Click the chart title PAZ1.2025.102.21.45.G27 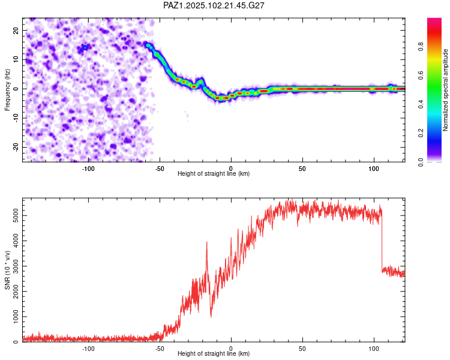pos(214,5)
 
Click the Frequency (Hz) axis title pos(7,90)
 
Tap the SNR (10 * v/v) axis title pos(7,270)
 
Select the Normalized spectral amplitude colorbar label pos(445,90)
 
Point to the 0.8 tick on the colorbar pos(421,46)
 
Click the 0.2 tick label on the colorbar pos(421,133)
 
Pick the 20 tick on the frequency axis pos(16,31)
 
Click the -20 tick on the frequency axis pos(16,147)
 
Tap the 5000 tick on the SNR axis pos(16,215)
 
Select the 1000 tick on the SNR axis pos(16,317)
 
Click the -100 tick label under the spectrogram pos(88,169)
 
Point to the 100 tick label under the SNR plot pos(374,349)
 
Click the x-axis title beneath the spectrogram pos(214,173)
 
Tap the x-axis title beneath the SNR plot pos(214,353)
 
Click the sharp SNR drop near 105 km pos(382,241)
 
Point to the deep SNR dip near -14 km pos(211,310)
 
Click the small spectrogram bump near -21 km pos(200,82)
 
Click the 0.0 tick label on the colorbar pos(421,163)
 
